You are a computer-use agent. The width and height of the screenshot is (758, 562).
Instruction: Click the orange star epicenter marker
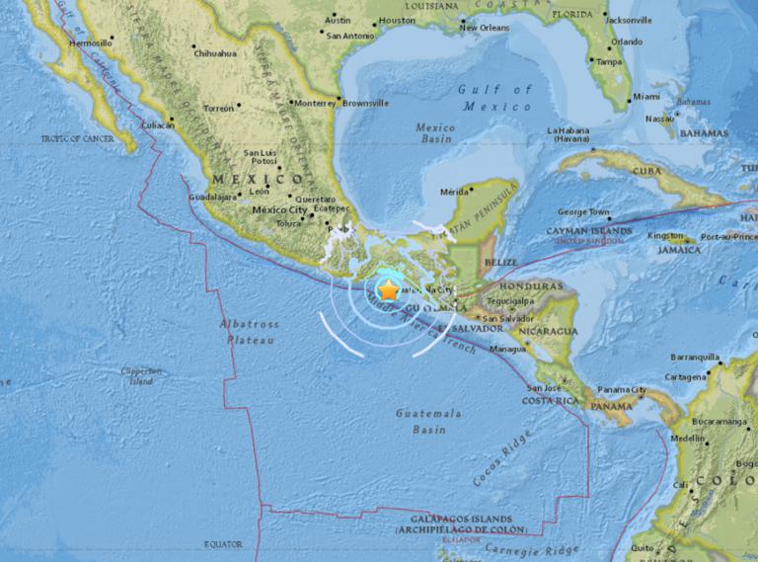tap(389, 290)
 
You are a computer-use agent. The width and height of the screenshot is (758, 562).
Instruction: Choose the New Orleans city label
tap(484, 28)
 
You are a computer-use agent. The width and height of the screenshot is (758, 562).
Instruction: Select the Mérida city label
tap(454, 192)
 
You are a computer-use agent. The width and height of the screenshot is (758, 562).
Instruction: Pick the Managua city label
tap(507, 349)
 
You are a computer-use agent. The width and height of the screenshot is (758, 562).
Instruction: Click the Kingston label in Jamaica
tap(665, 236)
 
